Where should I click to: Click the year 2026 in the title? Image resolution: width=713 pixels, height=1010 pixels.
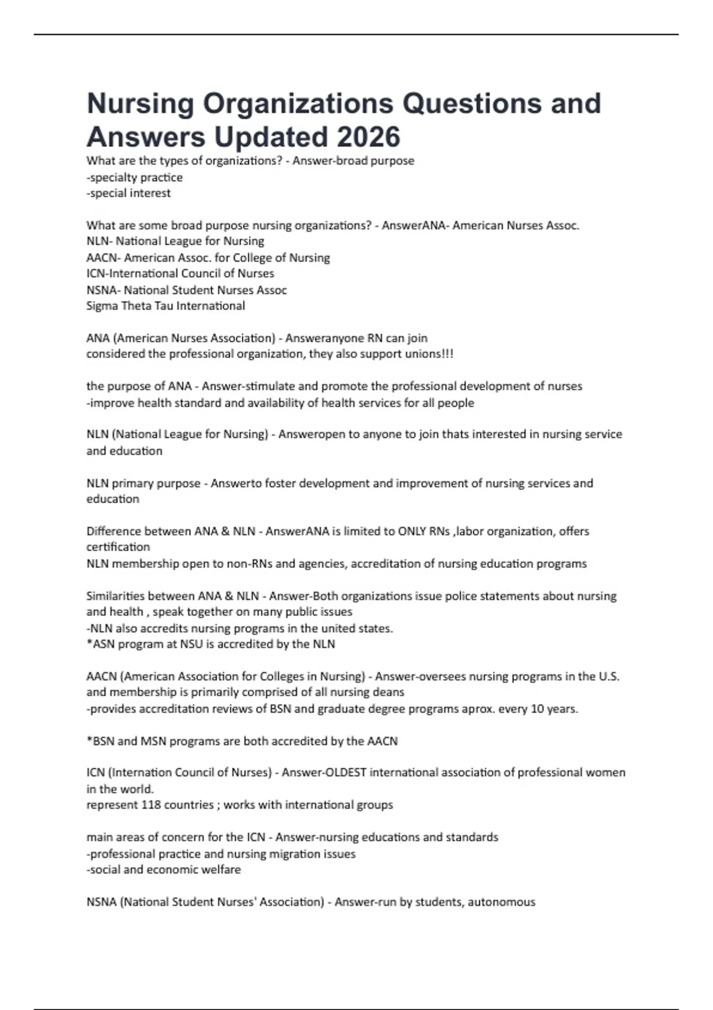click(x=369, y=137)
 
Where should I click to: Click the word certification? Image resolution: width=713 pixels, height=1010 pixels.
click(x=118, y=547)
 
